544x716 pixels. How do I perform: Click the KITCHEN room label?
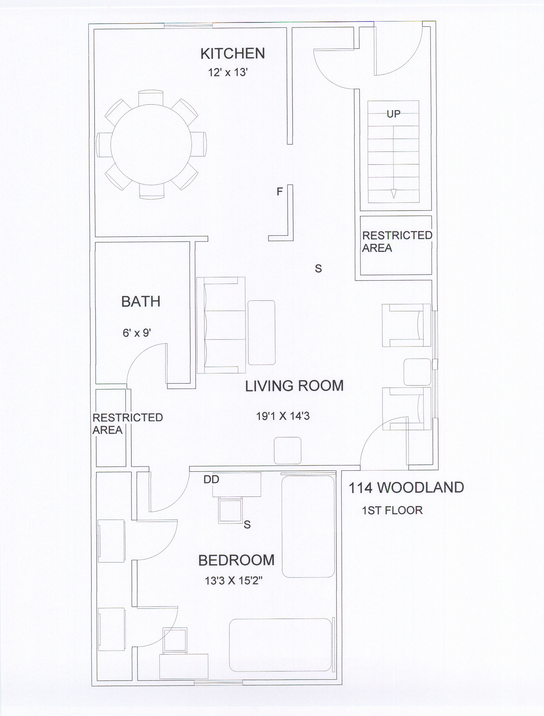pyautogui.click(x=233, y=53)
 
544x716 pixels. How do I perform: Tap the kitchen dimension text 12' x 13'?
pyautogui.click(x=228, y=72)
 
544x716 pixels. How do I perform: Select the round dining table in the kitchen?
pyautogui.click(x=151, y=144)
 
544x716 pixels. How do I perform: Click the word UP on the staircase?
pyautogui.click(x=393, y=114)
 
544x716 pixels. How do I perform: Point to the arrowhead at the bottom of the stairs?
pyautogui.click(x=393, y=194)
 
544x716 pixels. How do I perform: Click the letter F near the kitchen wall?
pyautogui.click(x=280, y=191)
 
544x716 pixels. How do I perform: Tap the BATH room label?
pyautogui.click(x=141, y=301)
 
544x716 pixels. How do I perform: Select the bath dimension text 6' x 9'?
pyautogui.click(x=137, y=333)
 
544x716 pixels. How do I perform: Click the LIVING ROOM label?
pyautogui.click(x=294, y=386)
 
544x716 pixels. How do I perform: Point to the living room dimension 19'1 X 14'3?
pyautogui.click(x=283, y=416)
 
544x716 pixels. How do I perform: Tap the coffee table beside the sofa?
pyautogui.click(x=261, y=332)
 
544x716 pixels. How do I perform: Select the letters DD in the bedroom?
pyautogui.click(x=211, y=479)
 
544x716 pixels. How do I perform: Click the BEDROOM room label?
pyautogui.click(x=237, y=560)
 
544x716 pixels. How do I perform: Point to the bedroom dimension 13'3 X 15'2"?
pyautogui.click(x=234, y=580)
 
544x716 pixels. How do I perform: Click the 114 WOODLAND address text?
pyautogui.click(x=406, y=488)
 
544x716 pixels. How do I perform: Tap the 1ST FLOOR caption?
pyautogui.click(x=392, y=510)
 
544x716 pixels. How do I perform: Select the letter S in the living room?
pyautogui.click(x=318, y=269)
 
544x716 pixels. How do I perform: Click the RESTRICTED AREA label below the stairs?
pyautogui.click(x=397, y=242)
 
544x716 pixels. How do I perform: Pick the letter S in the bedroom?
pyautogui.click(x=247, y=524)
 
